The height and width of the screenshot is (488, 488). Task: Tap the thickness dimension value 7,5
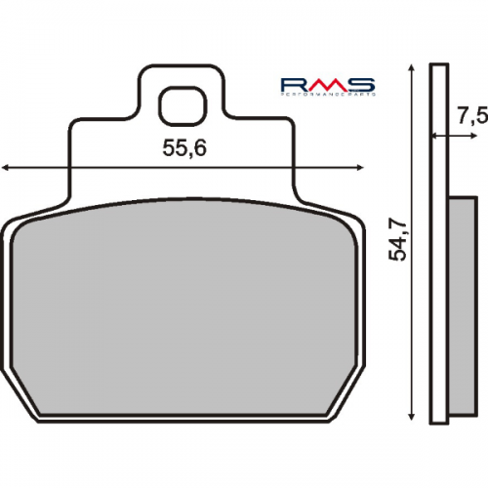point(471,116)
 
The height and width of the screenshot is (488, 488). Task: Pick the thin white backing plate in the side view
point(440,244)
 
